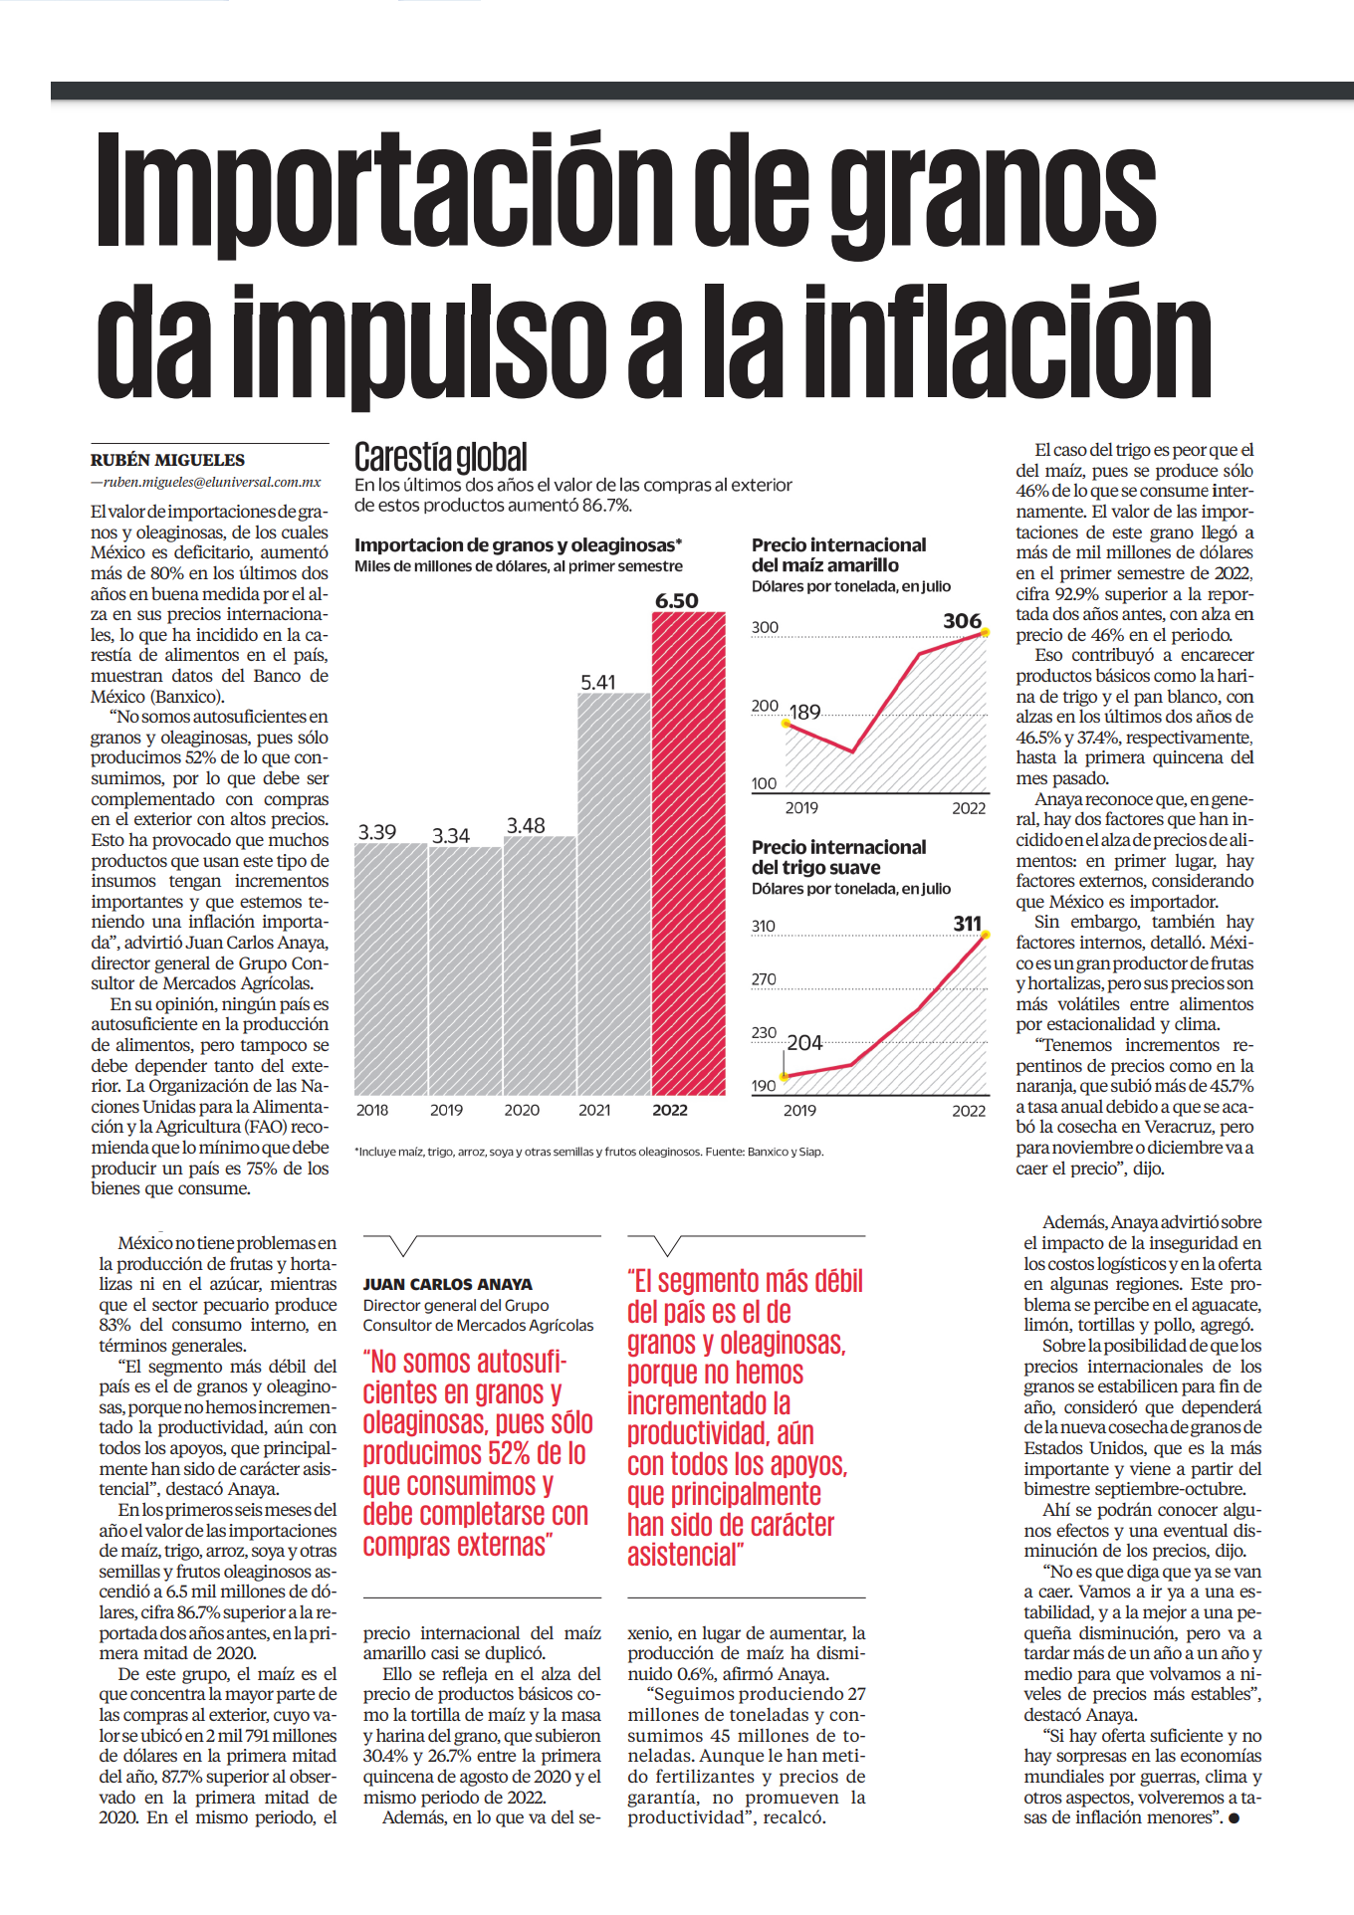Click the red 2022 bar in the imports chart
688,853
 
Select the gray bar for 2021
614,894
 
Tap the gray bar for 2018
390,968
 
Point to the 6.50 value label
677,600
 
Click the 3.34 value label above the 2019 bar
451,835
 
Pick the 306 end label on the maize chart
963,621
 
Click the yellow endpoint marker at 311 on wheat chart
986,935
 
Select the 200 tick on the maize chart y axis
765,706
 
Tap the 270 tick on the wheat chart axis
764,979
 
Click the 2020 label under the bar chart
522,1110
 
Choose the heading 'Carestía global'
441,457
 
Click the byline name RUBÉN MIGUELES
167,460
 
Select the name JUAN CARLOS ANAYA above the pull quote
448,1284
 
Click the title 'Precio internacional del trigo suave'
839,857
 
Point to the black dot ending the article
1235,1818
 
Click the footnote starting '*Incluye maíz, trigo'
589,1152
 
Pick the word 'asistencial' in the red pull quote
685,1554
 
